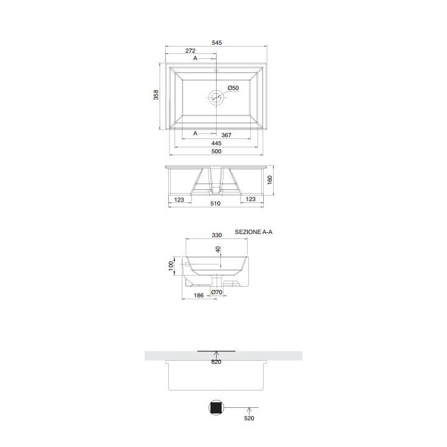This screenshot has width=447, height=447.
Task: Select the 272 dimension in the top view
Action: [191, 50]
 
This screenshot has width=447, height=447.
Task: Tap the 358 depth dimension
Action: [156, 94]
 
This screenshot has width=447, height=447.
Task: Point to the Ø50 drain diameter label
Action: [233, 88]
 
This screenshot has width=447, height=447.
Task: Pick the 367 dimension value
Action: [226, 134]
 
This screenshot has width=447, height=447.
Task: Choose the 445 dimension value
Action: [216, 143]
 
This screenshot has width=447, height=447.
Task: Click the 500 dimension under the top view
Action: [216, 151]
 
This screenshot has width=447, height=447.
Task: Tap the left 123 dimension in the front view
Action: [179, 199]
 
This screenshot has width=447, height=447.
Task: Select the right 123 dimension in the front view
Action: [251, 199]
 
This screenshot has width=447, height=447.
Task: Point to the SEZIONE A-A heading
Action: [254, 232]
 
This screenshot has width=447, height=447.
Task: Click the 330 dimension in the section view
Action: [217, 235]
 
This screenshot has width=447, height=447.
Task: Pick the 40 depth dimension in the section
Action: [218, 249]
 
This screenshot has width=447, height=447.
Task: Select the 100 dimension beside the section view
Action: [171, 264]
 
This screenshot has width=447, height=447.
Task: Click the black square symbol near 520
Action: [216, 408]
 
